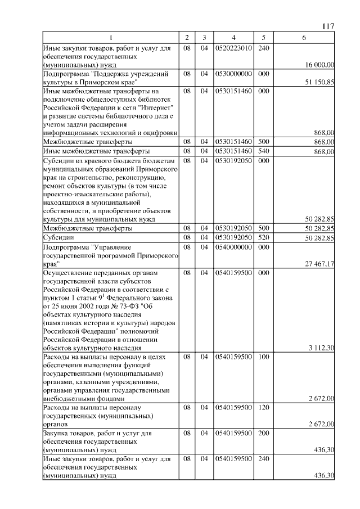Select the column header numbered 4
click(x=233, y=38)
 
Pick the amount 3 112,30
click(x=321, y=348)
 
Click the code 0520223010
click(x=233, y=48)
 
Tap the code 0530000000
click(x=233, y=74)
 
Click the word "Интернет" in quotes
click(x=159, y=107)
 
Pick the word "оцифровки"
click(x=161, y=132)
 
